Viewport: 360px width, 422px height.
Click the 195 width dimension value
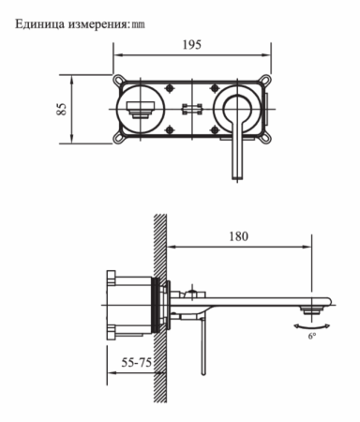192,44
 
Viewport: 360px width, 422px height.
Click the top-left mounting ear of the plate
118,78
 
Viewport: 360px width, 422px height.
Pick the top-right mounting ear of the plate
267,78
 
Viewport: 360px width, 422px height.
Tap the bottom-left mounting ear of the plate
118,138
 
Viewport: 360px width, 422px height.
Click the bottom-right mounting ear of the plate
267,138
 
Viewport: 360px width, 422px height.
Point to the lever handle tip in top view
234,176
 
